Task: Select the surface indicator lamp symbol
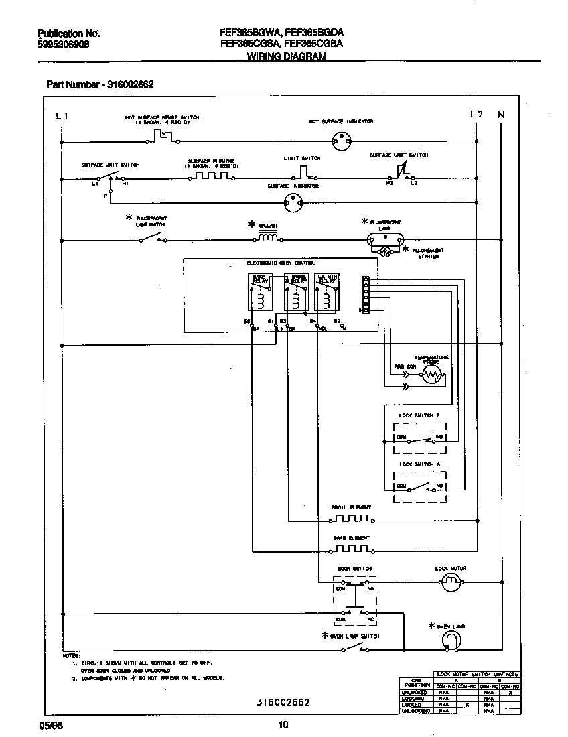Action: tap(293, 200)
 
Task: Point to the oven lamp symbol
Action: tap(453, 642)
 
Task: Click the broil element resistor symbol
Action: tap(351, 519)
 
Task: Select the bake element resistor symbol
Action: tap(351, 549)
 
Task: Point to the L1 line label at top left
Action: tap(62, 115)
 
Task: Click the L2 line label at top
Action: tap(476, 115)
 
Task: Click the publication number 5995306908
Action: tap(63, 44)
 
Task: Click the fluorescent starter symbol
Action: tap(385, 252)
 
